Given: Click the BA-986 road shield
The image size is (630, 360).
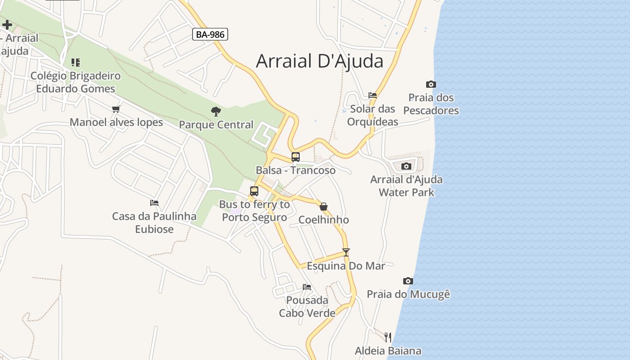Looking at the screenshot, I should (x=210, y=34).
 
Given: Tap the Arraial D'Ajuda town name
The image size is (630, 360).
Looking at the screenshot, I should (x=319, y=61).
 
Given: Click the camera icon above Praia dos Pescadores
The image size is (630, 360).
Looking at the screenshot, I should (x=431, y=84).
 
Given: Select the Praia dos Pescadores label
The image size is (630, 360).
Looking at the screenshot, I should (x=431, y=104).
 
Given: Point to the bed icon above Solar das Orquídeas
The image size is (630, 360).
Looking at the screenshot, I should (x=373, y=95).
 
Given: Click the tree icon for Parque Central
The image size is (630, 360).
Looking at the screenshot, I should (x=216, y=111).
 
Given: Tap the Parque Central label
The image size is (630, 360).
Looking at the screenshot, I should (x=216, y=125).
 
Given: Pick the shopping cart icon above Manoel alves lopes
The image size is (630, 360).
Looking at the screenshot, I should (x=116, y=109).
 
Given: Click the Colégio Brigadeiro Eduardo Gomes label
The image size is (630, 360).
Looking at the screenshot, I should (x=76, y=82).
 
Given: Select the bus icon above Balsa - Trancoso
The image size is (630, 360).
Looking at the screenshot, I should (x=296, y=157).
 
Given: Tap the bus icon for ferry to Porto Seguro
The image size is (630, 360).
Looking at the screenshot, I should (x=254, y=191).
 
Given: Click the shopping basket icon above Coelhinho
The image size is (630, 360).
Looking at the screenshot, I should (x=324, y=207).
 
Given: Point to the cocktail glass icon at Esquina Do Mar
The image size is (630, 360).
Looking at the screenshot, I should (x=346, y=252).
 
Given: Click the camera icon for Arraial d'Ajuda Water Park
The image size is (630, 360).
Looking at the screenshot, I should (x=406, y=166).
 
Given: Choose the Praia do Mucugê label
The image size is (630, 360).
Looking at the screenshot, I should (x=408, y=294).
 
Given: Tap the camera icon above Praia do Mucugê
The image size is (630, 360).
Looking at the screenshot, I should (x=408, y=281).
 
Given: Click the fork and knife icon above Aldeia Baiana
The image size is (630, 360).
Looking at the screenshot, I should (x=388, y=337).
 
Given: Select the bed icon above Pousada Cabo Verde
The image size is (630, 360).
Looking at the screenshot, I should (x=307, y=287).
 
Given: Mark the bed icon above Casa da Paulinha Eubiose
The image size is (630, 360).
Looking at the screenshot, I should (x=154, y=203).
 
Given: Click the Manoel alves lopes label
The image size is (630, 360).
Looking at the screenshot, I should (x=116, y=122).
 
